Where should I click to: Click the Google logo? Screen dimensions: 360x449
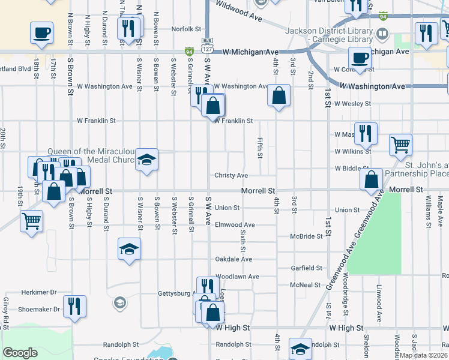tap(20, 353)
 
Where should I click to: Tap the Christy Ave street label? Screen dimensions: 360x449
tap(232, 176)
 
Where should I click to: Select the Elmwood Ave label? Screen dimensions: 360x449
tap(235, 225)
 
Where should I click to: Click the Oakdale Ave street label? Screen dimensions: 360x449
tap(234, 259)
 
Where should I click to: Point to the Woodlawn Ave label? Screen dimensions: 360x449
tap(237, 277)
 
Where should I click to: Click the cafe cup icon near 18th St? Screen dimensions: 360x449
tap(41, 32)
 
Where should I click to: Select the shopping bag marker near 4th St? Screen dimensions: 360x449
tap(279, 95)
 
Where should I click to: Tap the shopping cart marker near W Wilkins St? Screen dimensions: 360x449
tap(400, 144)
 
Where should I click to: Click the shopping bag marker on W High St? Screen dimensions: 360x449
tap(212, 312)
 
